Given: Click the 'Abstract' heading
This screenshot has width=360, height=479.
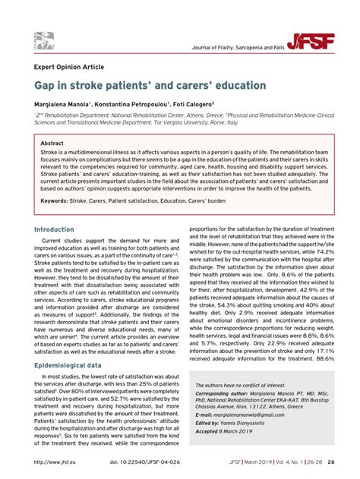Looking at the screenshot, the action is pyautogui.click(x=52, y=143).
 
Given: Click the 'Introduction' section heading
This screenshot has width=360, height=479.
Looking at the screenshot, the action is pyautogui.click(x=54, y=229).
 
